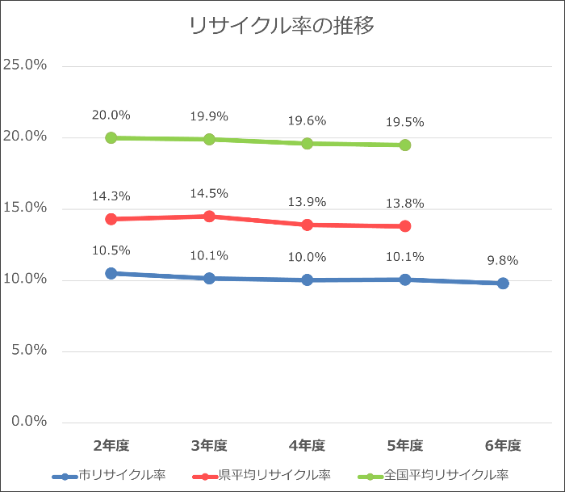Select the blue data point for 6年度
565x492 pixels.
503,284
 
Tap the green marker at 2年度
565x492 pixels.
111,138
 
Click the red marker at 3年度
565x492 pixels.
209,217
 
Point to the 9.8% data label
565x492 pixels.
503,261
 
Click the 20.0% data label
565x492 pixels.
111,116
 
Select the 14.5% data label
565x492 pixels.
209,194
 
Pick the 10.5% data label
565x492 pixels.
111,250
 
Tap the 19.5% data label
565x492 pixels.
404,123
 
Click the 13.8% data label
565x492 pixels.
404,204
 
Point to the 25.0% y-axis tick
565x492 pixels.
26,65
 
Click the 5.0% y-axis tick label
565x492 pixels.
29,351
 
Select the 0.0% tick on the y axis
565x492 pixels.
29,422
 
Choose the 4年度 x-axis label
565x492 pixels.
307,445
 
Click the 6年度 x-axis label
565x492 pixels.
503,445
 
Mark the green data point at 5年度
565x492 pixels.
404,145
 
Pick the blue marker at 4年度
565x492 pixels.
307,280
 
